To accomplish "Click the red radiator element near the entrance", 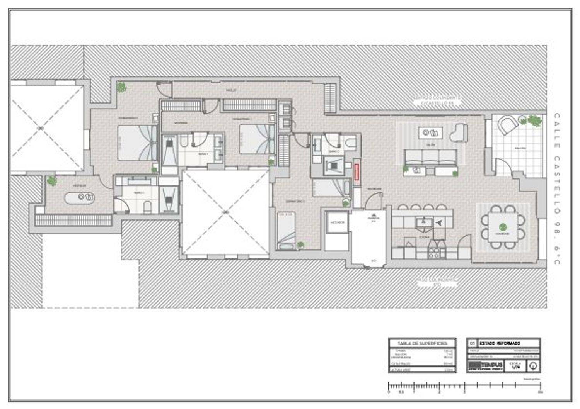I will click(x=357, y=171).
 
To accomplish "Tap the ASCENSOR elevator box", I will click(x=337, y=223).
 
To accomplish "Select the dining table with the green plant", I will click(x=502, y=228).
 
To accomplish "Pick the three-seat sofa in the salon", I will click(x=430, y=157).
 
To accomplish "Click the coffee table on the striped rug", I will click(x=430, y=133).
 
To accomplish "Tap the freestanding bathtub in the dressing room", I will click(x=80, y=198).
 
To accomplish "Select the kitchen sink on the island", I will click(x=424, y=223).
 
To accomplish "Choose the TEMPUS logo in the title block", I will click(x=485, y=365).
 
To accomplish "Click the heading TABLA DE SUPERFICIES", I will click(x=422, y=343).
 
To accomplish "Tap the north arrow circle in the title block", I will click(x=534, y=366).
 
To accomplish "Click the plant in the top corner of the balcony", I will click(x=535, y=121).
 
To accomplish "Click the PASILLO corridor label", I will click(x=231, y=90).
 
